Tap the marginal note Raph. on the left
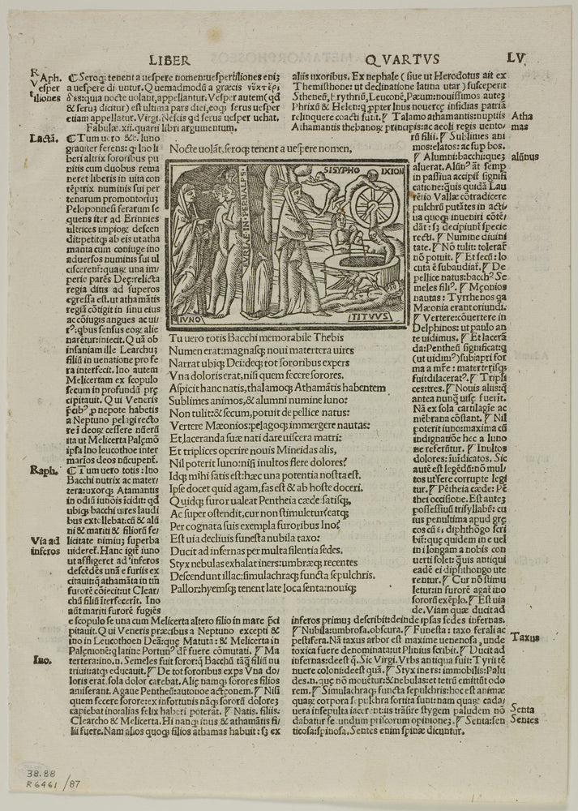(42, 470)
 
